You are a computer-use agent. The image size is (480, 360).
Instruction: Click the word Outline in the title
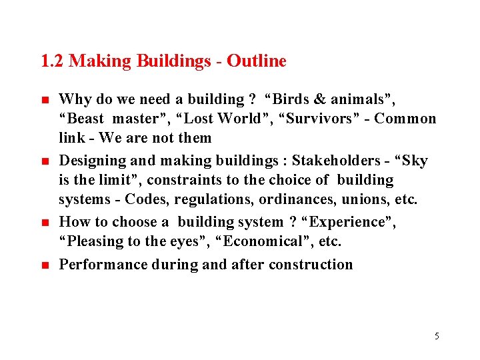click(x=257, y=61)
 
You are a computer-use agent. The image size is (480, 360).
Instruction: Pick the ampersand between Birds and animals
click(x=319, y=100)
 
